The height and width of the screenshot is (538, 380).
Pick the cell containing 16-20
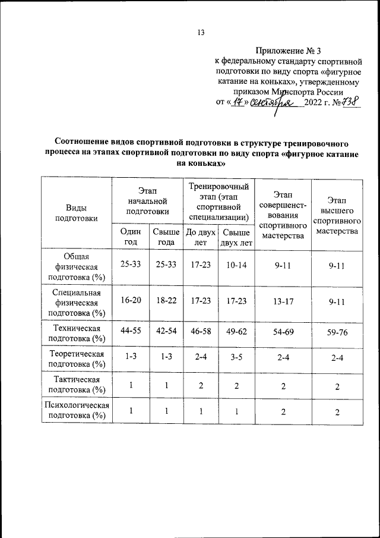(130, 301)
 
